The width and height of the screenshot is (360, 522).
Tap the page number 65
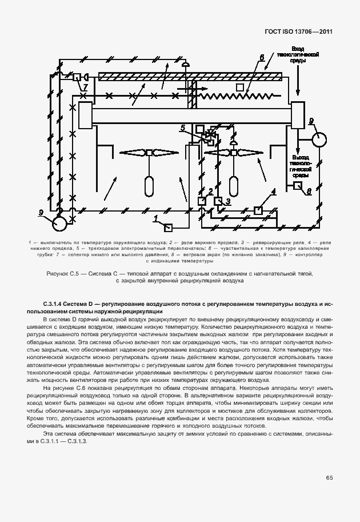[330, 477]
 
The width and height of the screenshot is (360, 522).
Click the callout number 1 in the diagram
[155, 218]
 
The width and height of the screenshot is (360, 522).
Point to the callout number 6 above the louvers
[261, 58]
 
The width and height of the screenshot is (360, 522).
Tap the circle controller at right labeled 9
[318, 139]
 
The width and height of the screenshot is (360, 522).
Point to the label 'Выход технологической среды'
[301, 166]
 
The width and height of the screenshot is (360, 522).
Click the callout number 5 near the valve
[182, 127]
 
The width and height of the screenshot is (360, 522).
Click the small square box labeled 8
[298, 186]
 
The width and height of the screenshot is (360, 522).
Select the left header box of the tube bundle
[86, 116]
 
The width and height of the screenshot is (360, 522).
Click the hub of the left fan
[149, 152]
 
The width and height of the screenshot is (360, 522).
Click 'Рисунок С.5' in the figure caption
[63, 274]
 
